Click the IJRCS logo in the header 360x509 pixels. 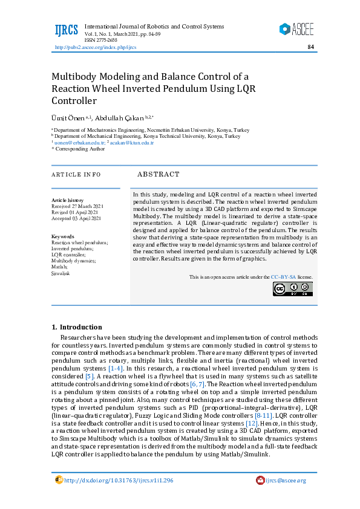click(67, 30)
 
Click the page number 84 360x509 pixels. click(310, 47)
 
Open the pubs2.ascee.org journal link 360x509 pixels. click(96, 47)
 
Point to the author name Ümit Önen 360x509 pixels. click(68, 118)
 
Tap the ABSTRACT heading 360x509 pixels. click(159, 175)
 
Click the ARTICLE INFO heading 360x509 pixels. click(76, 175)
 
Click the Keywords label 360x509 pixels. click(63, 236)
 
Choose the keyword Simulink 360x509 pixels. click(61, 273)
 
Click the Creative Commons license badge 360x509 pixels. click(292, 289)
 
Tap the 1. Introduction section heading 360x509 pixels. click(77, 327)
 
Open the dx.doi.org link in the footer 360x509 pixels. click(118, 481)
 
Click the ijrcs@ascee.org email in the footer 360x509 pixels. click(285, 481)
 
